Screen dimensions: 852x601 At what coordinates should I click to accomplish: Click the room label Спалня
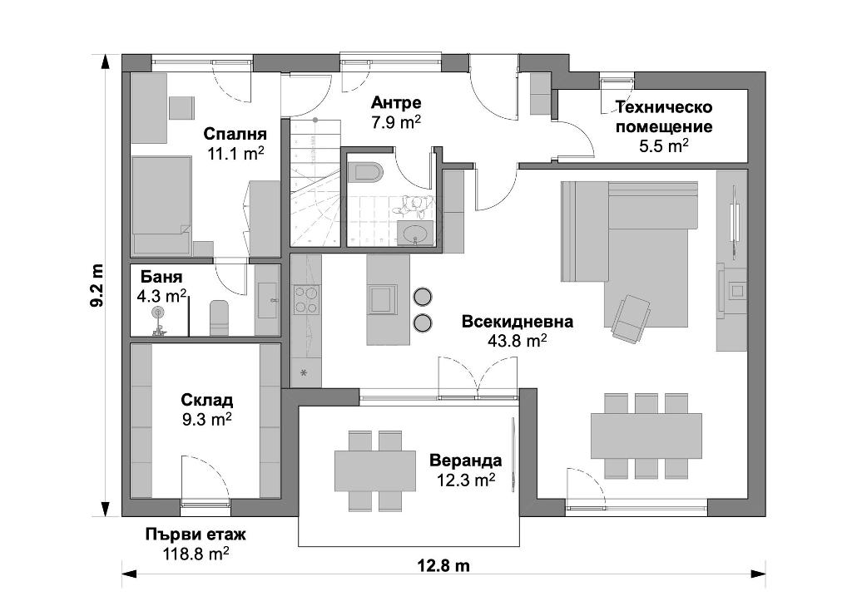pyautogui.click(x=235, y=134)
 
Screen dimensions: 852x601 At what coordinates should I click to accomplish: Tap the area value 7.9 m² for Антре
pyautogui.click(x=396, y=122)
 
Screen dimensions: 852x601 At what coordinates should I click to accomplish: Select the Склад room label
pyautogui.click(x=207, y=401)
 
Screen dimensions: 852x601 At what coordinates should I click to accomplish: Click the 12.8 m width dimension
pyautogui.click(x=443, y=566)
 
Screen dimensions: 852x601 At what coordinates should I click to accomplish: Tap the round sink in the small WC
pyautogui.click(x=416, y=234)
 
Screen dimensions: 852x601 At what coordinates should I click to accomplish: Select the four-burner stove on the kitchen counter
pyautogui.click(x=306, y=300)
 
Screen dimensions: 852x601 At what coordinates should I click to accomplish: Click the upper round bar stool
pyautogui.click(x=422, y=297)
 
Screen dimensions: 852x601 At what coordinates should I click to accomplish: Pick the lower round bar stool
pyautogui.click(x=422, y=323)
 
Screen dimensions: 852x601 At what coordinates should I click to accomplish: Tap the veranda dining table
pyautogui.click(x=375, y=470)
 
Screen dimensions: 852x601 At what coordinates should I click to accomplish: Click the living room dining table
pyautogui.click(x=646, y=436)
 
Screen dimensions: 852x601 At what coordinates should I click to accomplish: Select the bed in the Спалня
pyautogui.click(x=161, y=205)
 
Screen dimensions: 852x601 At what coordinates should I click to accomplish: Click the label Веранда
pyautogui.click(x=466, y=461)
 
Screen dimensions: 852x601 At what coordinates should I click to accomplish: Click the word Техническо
pyautogui.click(x=663, y=107)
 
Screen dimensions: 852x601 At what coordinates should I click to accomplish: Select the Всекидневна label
pyautogui.click(x=518, y=322)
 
